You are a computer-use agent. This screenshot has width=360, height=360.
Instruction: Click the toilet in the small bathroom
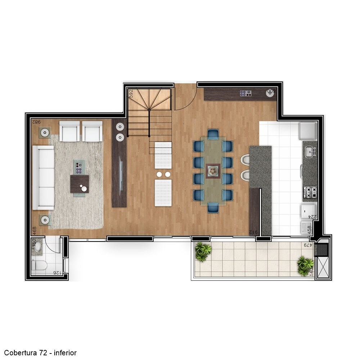tap(39, 266)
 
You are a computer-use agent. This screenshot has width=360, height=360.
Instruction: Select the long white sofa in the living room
tap(43, 177)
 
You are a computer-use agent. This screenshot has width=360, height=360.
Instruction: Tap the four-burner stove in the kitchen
tap(310, 192)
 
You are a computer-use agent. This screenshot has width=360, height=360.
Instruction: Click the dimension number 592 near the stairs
tap(131, 93)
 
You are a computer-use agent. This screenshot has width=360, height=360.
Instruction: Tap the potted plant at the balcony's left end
tap(203, 251)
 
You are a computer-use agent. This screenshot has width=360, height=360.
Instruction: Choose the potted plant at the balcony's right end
tap(305, 265)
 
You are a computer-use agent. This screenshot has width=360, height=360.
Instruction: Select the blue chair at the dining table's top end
tap(213, 135)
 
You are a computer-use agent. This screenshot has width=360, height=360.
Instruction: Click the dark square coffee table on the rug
tap(79, 184)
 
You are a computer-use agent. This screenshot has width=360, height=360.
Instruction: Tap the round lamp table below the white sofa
tap(45, 220)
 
